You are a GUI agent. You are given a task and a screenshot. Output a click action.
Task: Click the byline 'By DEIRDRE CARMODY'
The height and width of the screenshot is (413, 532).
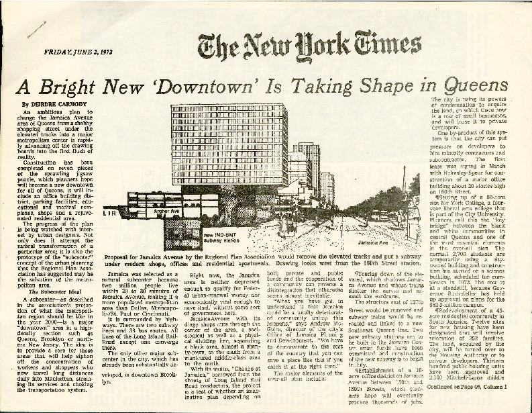(51, 104)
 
